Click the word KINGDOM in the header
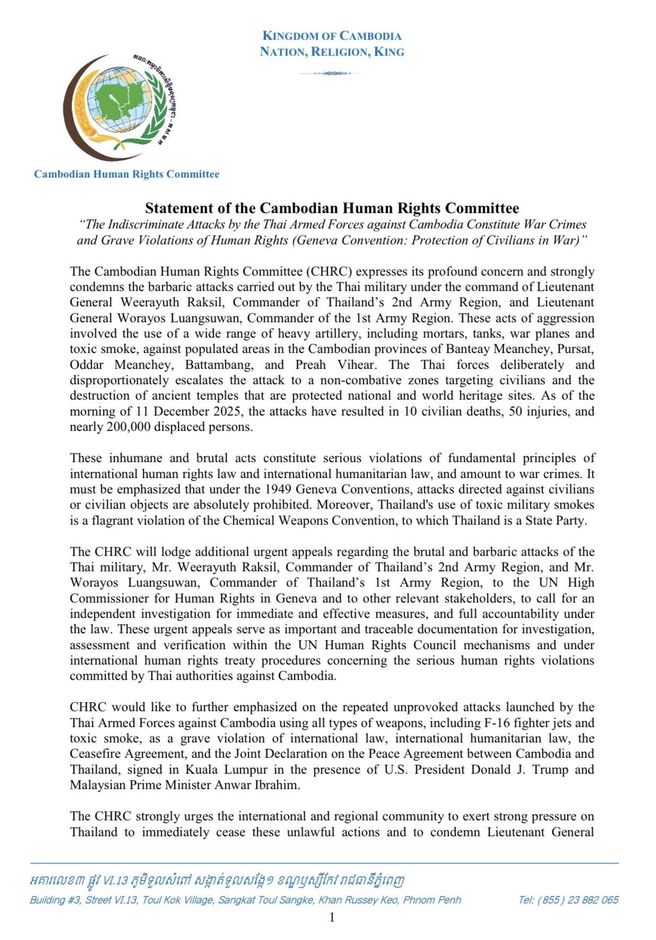tap(290, 36)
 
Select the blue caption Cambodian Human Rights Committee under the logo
tap(126, 174)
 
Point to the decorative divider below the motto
tap(331, 73)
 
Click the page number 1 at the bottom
tap(332, 917)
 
